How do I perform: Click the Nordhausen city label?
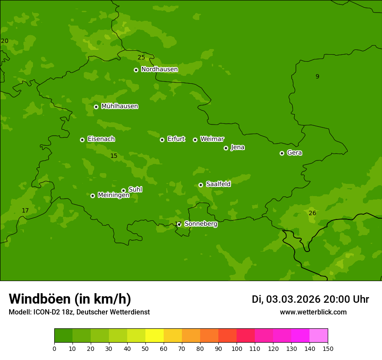(159, 69)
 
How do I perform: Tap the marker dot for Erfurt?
(162, 140)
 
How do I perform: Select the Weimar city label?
(212, 139)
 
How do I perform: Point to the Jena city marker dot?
(226, 148)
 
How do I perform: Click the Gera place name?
(294, 153)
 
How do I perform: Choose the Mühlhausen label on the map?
(119, 106)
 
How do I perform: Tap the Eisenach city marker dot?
(82, 140)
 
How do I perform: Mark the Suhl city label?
(135, 190)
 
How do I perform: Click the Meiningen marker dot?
(92, 196)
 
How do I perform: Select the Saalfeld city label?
(218, 184)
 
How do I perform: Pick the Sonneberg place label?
(201, 224)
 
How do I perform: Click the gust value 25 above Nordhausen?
(141, 57)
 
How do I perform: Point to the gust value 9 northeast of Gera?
(317, 76)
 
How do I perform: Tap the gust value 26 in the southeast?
(312, 213)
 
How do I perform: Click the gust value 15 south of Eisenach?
(114, 156)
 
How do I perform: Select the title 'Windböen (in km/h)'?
(70, 299)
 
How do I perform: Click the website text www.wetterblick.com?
(313, 312)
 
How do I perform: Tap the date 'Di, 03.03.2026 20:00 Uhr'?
(310, 299)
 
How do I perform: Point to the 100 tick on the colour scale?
(237, 348)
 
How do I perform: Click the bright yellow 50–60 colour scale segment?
(155, 336)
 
